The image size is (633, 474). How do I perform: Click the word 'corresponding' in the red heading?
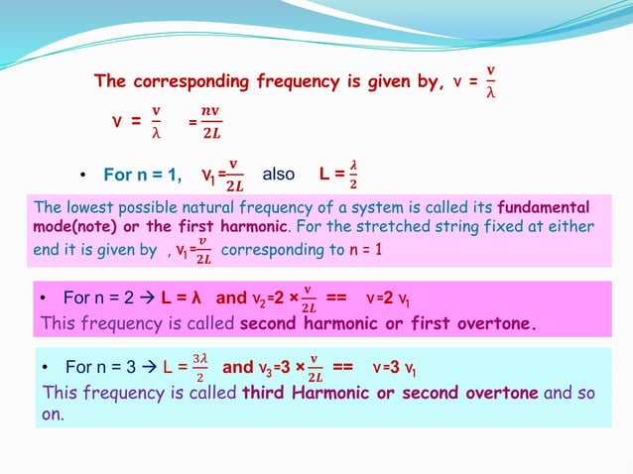(217, 81)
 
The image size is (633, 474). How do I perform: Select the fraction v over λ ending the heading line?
(489, 82)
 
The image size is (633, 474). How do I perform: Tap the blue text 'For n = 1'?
(142, 176)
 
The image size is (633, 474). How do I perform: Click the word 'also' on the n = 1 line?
(278, 175)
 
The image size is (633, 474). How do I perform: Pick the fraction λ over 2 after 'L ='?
(353, 175)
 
